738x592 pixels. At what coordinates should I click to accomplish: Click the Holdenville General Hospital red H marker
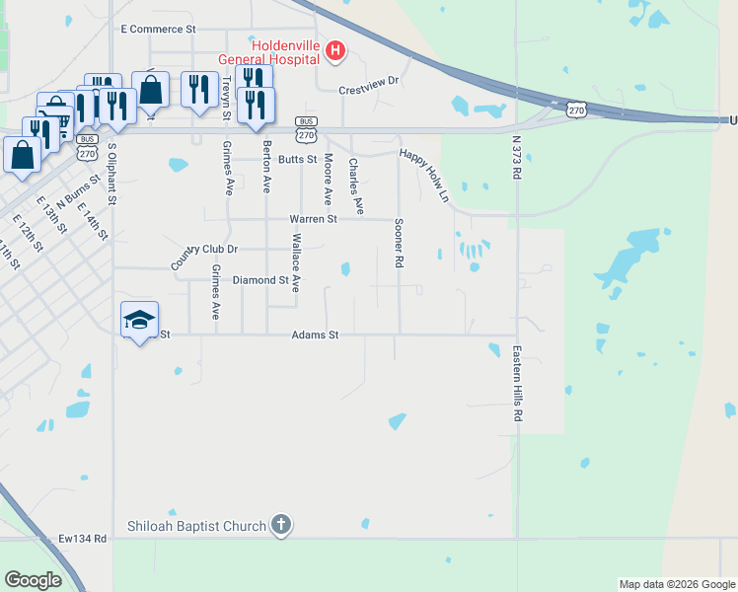click(334, 50)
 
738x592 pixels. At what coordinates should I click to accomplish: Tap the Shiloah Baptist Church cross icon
click(281, 525)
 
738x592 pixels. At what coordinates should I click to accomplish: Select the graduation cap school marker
click(139, 319)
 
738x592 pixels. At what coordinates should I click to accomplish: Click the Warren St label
click(313, 218)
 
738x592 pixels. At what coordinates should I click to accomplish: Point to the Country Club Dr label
click(204, 253)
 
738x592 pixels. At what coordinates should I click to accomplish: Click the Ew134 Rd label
click(82, 539)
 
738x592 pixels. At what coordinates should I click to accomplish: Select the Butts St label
click(296, 159)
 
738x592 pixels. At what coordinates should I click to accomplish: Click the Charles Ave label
click(355, 185)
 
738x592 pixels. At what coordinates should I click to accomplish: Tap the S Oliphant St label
click(112, 174)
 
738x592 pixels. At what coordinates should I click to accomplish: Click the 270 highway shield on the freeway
click(575, 111)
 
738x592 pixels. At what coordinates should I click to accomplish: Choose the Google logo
click(33, 580)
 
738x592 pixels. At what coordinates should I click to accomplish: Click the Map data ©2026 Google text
click(676, 584)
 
